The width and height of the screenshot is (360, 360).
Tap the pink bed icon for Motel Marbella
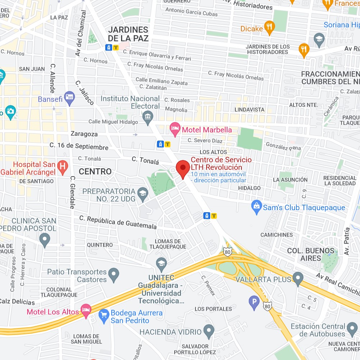tap(175, 129)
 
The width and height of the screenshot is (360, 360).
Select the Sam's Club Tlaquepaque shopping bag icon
tap(257, 207)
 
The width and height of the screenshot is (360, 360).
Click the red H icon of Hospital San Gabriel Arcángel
tap(63, 167)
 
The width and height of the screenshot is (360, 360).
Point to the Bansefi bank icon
tap(69, 98)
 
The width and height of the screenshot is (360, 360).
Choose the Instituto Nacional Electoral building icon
tap(148, 117)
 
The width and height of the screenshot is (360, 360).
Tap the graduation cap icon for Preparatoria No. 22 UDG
tap(143, 194)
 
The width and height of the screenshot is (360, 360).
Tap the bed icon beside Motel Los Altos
tap(86, 310)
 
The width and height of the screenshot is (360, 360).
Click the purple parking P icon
tap(254, 303)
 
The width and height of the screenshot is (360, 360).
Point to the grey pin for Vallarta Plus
tap(298, 278)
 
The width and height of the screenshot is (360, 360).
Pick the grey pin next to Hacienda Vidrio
tap(209, 330)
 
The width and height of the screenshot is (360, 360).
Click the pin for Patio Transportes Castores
tap(114, 275)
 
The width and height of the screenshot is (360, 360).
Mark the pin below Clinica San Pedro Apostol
tap(45, 240)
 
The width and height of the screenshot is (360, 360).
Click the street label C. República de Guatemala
tap(118, 222)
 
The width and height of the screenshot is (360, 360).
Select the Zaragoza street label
tap(84, 134)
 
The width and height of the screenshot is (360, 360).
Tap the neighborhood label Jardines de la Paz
tap(128, 34)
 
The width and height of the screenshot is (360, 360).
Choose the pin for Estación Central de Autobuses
tap(352, 328)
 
